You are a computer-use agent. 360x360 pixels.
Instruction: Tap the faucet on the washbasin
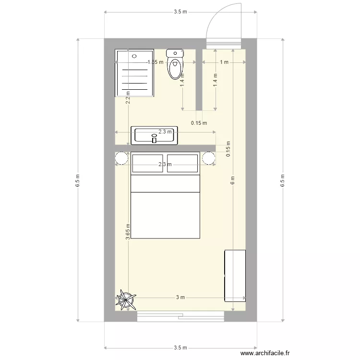coord(154,140)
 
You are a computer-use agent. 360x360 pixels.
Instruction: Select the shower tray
coord(134,72)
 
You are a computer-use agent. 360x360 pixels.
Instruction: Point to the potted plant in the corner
coord(126,300)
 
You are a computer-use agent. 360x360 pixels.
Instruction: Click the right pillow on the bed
coord(183,163)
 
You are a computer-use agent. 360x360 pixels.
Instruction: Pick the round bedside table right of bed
coord(209,158)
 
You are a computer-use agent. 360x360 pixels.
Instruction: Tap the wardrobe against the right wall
coord(235,276)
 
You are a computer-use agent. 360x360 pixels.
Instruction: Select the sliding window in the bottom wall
coord(180,315)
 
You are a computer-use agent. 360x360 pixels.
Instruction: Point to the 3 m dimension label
coord(180,298)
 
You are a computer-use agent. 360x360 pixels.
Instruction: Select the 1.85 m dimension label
coord(155,62)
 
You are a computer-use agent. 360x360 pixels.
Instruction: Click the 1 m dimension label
coord(224,62)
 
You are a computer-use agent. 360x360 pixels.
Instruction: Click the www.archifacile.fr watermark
coord(265,353)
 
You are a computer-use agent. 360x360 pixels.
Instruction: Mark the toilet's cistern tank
coord(174,53)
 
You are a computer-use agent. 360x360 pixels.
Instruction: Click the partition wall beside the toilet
coord(198,79)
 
